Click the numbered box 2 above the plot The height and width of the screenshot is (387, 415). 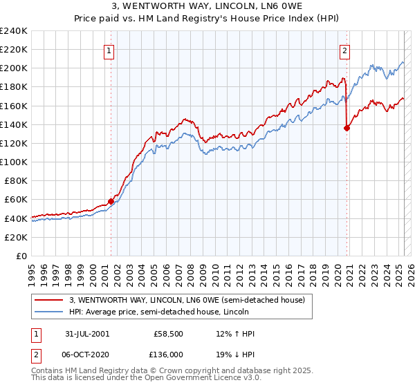click(x=344, y=49)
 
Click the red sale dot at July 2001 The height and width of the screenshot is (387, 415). click(x=111, y=201)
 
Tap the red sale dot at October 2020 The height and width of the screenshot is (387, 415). click(x=347, y=127)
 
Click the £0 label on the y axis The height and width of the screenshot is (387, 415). click(x=21, y=256)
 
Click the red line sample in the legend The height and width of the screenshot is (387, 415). click(x=48, y=299)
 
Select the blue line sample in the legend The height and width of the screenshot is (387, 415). click(x=48, y=312)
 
